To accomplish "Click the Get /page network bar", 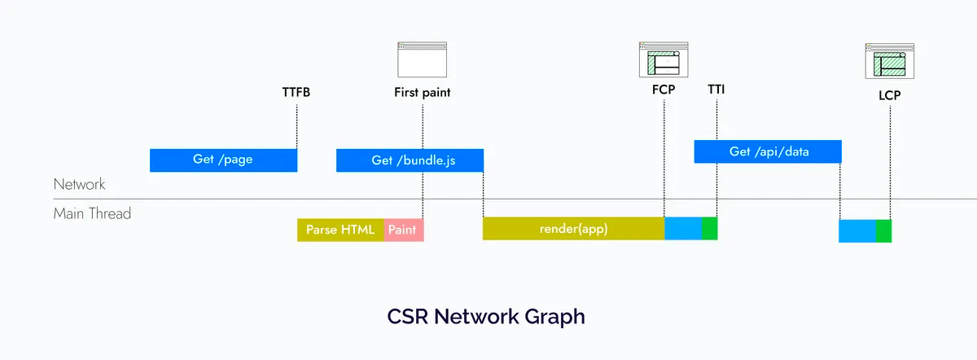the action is (x=223, y=160).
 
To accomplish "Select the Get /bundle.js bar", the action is (x=410, y=160).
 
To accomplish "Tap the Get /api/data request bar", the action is (x=768, y=151).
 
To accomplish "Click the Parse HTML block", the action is (x=340, y=230).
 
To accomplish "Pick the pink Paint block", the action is (x=404, y=230).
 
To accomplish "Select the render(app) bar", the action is (x=573, y=228).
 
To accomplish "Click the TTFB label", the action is (x=296, y=93).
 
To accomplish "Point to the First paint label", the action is (x=423, y=93).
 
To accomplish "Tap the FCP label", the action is (x=664, y=90).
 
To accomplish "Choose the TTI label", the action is (x=716, y=90).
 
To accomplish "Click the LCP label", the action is (x=890, y=95).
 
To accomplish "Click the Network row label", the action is (x=80, y=184).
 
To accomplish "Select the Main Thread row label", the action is (x=92, y=213).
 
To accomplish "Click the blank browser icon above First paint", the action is (x=423, y=59).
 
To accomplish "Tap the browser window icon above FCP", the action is (x=664, y=59).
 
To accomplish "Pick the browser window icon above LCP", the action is (x=890, y=61).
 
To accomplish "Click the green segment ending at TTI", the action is (x=710, y=228).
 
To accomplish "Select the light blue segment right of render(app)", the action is (x=683, y=228).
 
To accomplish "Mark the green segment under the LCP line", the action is (x=883, y=230).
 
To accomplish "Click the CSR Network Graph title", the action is (x=486, y=317).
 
